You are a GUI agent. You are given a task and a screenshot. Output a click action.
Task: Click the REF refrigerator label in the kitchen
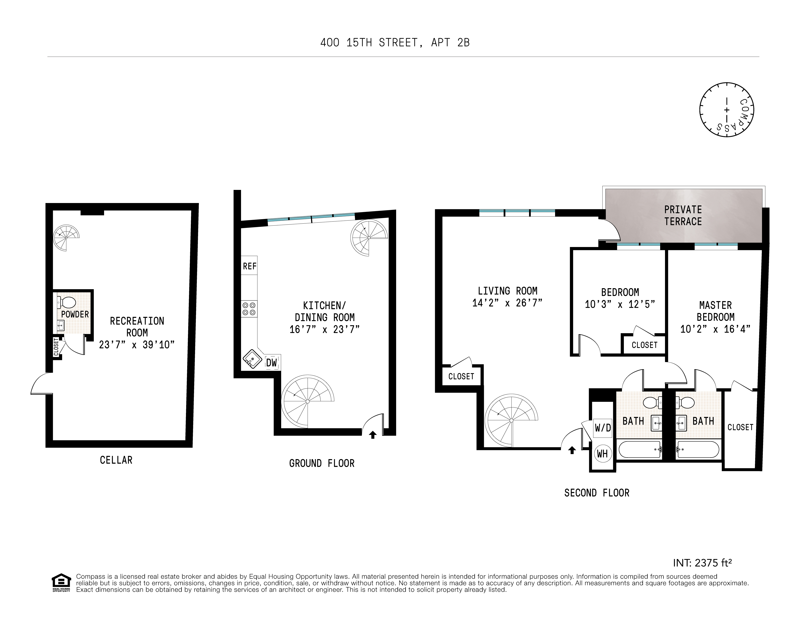point(250,267)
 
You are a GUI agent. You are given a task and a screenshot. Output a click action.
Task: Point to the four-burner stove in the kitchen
point(249,309)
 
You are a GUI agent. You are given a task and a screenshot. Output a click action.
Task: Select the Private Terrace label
point(683,216)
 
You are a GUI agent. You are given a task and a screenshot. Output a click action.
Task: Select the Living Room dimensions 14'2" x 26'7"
point(507,303)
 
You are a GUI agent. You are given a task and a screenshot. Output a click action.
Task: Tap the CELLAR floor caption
point(116,460)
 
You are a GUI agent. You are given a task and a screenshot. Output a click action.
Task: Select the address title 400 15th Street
point(395,43)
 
